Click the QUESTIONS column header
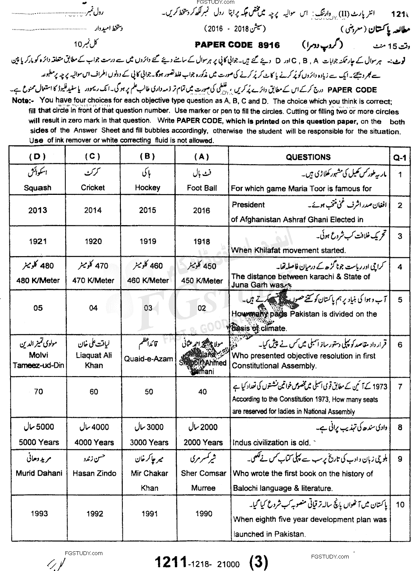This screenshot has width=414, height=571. (308, 157)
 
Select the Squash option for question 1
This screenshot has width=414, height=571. (37, 187)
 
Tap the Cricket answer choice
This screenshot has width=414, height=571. (93, 187)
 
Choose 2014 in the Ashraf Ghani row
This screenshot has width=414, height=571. (93, 210)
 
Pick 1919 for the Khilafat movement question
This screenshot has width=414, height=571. (147, 241)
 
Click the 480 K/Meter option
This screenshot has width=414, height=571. (37, 280)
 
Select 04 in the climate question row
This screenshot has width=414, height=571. (93, 308)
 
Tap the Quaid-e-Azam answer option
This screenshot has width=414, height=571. (148, 359)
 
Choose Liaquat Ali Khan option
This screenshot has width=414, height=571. (94, 360)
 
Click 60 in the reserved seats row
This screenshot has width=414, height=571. (94, 392)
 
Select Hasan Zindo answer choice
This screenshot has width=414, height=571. (94, 473)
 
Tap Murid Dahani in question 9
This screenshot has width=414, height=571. (39, 473)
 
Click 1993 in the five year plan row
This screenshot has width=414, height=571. (39, 513)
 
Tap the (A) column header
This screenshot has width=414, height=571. (202, 157)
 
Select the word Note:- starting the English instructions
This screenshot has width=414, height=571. (23, 101)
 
